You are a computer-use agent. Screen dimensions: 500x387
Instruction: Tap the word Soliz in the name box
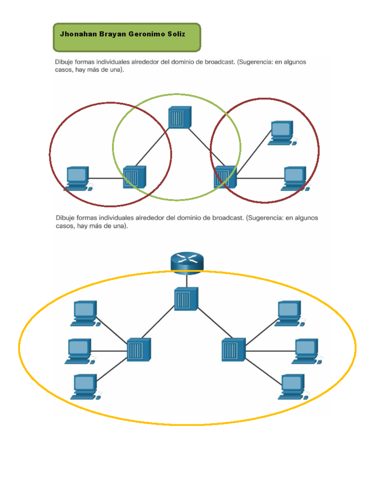(x=176, y=34)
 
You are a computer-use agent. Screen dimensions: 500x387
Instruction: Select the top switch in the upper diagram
(x=180, y=118)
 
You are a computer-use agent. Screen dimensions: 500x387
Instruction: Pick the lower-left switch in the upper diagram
(x=134, y=177)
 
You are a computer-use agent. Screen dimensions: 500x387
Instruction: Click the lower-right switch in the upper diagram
(x=225, y=177)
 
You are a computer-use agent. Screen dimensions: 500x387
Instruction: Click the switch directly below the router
(x=186, y=299)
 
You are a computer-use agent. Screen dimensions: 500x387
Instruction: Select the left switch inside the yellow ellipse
(x=139, y=350)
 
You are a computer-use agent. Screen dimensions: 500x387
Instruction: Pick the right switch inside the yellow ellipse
(x=233, y=350)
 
